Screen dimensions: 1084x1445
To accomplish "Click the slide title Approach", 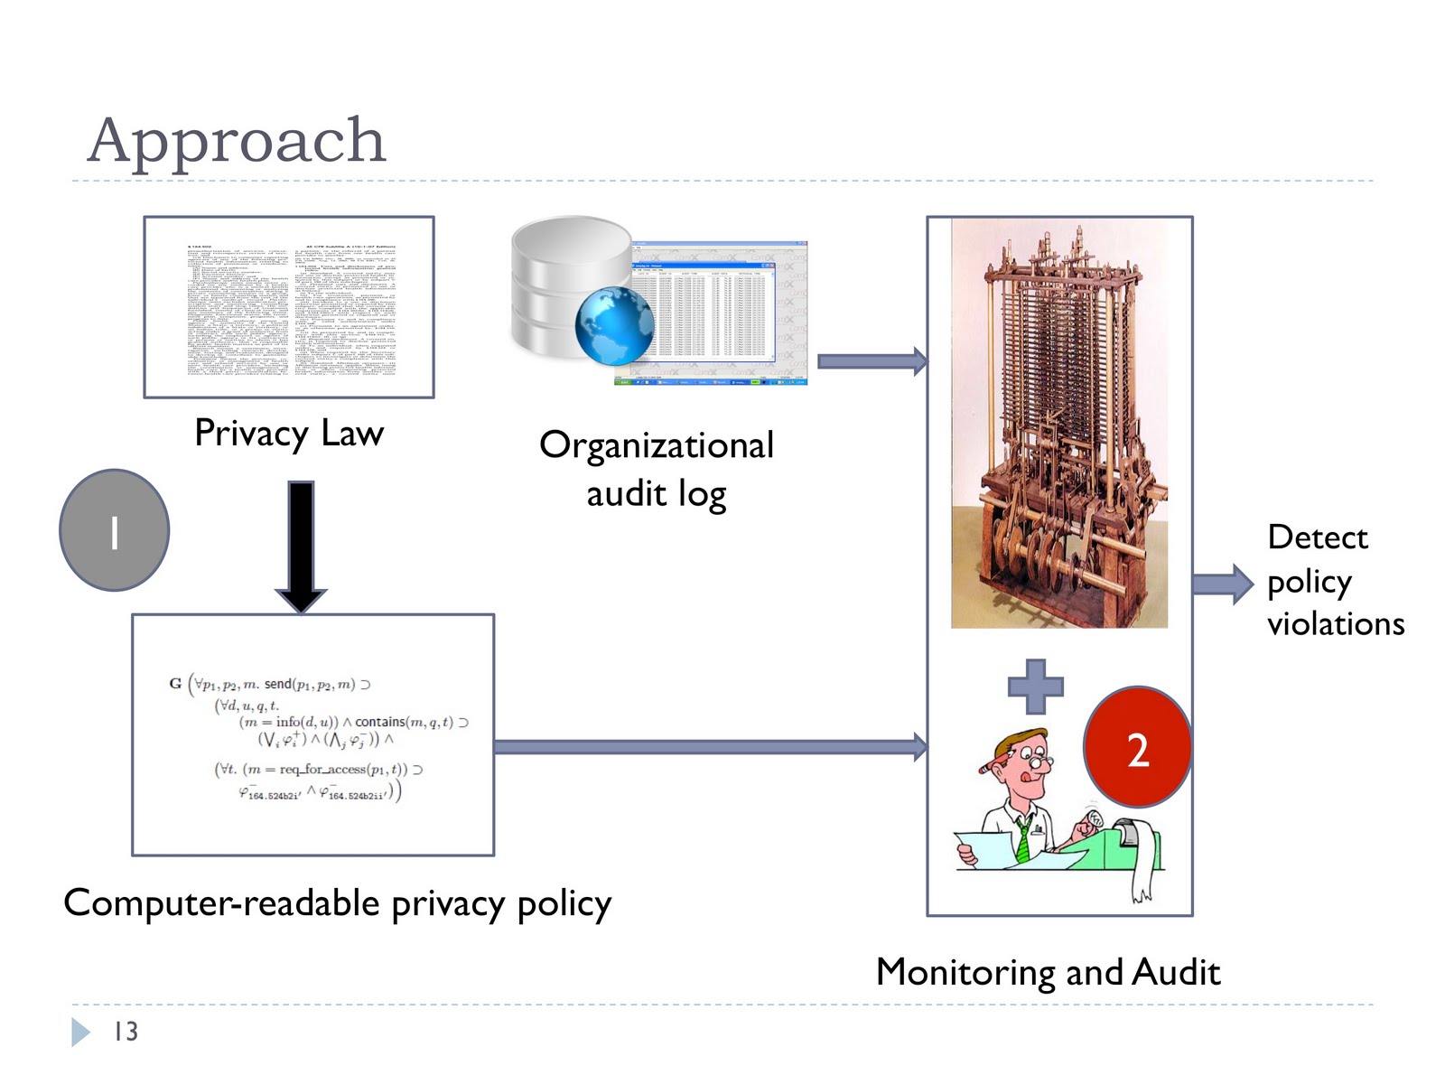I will pos(237,141).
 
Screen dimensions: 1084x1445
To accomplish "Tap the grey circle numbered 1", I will pos(115,531).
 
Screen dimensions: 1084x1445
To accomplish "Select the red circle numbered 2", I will pos(1137,748).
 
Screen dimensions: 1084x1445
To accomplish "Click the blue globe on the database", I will pos(614,326).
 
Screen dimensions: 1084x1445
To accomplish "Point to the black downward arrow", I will pos(301,547).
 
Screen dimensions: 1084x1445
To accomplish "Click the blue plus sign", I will pos(1035,687).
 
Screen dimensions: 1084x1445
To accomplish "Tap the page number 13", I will pos(126,1032).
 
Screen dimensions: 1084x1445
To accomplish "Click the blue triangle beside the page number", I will pos(80,1032).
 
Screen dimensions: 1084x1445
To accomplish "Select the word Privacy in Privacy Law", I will pos(251,434).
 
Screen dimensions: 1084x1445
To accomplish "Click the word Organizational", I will pos(657,445).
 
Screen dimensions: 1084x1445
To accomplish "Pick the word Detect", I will pos(1317,537).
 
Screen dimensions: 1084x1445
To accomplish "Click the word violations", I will pos(1335,624).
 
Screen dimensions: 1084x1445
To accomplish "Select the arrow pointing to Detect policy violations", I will pos(1223,584).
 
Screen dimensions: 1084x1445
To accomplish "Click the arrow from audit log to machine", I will pos(872,361).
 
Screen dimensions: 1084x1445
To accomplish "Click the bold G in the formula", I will pos(175,684).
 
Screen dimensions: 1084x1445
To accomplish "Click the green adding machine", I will pos(1120,845).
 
